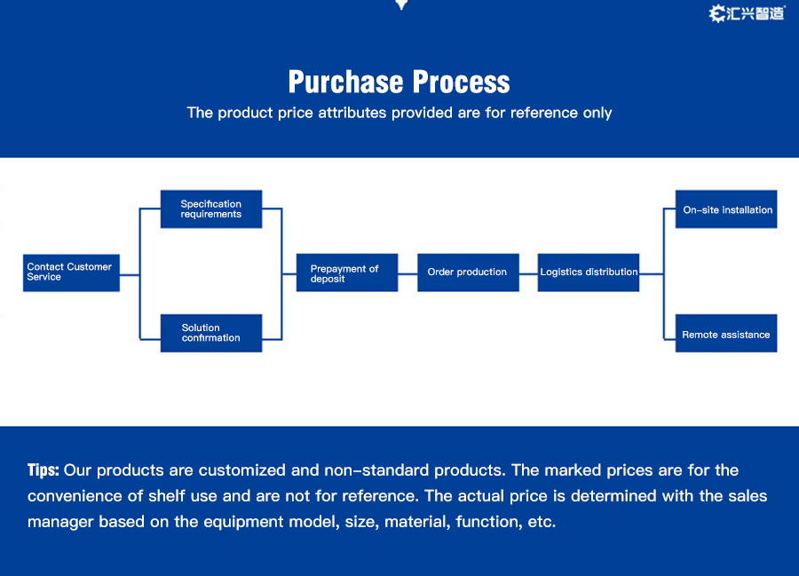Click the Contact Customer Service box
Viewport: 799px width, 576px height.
[x=71, y=273]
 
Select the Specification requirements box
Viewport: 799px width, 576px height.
[x=211, y=209]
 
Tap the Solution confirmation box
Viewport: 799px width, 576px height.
[x=211, y=333]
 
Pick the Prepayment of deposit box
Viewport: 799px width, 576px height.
[x=347, y=272]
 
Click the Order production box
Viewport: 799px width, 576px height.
[x=468, y=272]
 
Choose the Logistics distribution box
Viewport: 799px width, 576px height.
[x=589, y=272]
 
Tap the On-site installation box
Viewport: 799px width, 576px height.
[x=726, y=209]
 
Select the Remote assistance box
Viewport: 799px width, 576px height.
[x=726, y=333]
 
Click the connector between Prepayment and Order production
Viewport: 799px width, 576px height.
[x=407, y=274]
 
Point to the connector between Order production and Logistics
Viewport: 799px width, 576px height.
[x=528, y=274]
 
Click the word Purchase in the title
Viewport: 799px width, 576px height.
[x=346, y=82]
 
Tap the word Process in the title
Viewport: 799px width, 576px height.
[x=461, y=82]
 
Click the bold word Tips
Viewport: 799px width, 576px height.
[x=44, y=470]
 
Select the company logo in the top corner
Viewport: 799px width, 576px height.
[x=747, y=13]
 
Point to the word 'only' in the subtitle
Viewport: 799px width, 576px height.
[x=597, y=113]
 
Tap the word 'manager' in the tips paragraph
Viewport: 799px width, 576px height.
[x=60, y=522]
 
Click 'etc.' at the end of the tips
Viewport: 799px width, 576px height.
[x=542, y=522]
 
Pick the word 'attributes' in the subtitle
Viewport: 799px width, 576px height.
[x=352, y=113]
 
